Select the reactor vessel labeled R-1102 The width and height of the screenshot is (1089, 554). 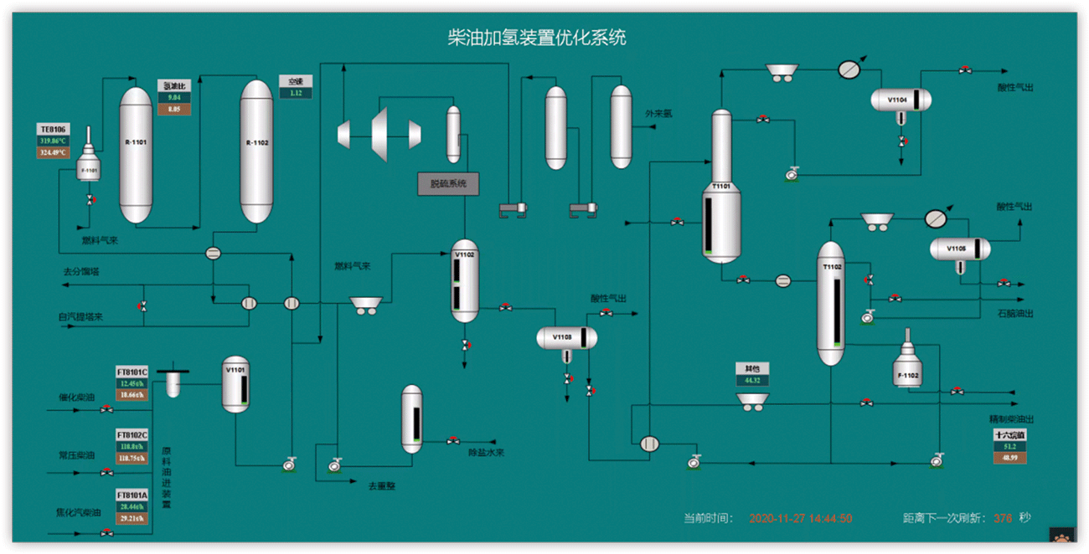pos(256,151)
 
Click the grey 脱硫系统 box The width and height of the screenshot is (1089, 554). pos(448,184)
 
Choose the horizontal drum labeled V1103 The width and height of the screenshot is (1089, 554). pos(566,338)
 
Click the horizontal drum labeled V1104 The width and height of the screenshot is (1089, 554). pos(901,100)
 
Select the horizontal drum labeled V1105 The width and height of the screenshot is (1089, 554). pos(959,249)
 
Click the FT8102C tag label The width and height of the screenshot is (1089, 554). pos(132,435)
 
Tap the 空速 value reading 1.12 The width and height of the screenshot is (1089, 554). pos(296,93)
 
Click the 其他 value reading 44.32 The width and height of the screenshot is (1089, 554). pos(751,380)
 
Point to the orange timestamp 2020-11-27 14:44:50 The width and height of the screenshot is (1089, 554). pos(800,519)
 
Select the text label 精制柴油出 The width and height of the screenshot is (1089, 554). pos(1011,419)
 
